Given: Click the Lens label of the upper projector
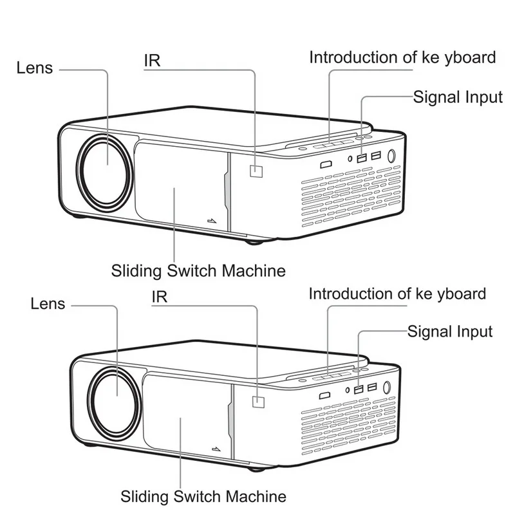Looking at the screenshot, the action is click(x=35, y=68).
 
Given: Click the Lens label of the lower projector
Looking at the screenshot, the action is click(x=48, y=303).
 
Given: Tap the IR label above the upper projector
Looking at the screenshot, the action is click(x=152, y=61).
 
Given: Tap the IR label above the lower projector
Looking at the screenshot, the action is click(x=159, y=297).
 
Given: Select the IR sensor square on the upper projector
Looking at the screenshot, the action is click(x=256, y=171).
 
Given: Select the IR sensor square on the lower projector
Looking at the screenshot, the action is click(x=258, y=402).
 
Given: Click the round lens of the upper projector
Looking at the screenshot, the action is click(x=105, y=171).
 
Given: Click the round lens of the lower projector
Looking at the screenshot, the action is click(x=115, y=400).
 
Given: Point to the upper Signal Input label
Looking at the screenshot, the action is click(x=458, y=97).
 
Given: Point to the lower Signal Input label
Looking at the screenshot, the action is click(x=450, y=332).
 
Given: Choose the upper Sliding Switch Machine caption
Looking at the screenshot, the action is click(x=198, y=271).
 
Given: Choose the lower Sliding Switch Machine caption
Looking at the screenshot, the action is click(x=203, y=496).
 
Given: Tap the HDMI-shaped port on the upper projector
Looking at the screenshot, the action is click(x=326, y=164).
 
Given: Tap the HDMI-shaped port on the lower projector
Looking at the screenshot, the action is click(x=325, y=395).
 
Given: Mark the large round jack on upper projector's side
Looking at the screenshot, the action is click(x=391, y=156).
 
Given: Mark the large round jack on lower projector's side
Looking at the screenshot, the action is click(x=387, y=388).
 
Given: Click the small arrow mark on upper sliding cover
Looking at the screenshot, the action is click(x=212, y=220).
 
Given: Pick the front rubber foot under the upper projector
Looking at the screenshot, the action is click(x=254, y=243).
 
